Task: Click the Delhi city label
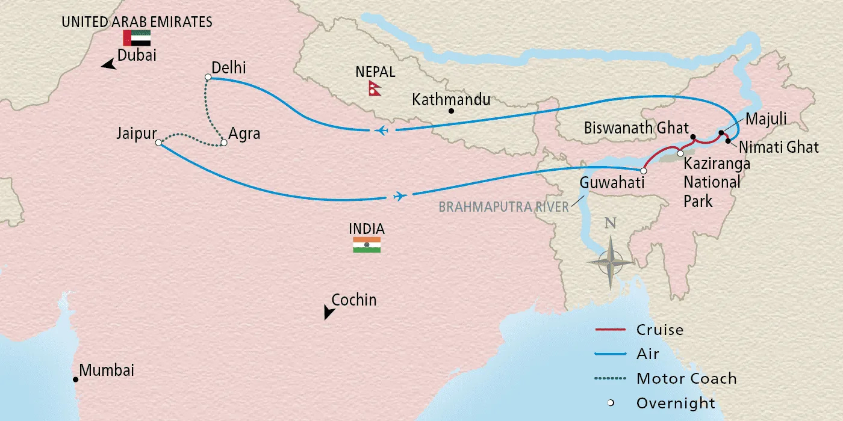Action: [x=229, y=68]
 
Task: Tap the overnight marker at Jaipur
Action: [x=158, y=143]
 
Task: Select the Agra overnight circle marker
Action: [x=224, y=143]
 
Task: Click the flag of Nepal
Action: [x=376, y=88]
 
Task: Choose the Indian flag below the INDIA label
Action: [x=367, y=245]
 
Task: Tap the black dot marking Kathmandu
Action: [x=451, y=111]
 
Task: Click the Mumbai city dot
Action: [x=75, y=380]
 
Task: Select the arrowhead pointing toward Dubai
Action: [x=108, y=64]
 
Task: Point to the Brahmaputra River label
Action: [x=503, y=207]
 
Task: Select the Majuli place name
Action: [x=767, y=120]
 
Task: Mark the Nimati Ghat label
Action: [x=779, y=146]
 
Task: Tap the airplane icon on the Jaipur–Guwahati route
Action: [x=399, y=196]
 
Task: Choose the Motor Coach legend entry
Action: [x=686, y=379]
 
